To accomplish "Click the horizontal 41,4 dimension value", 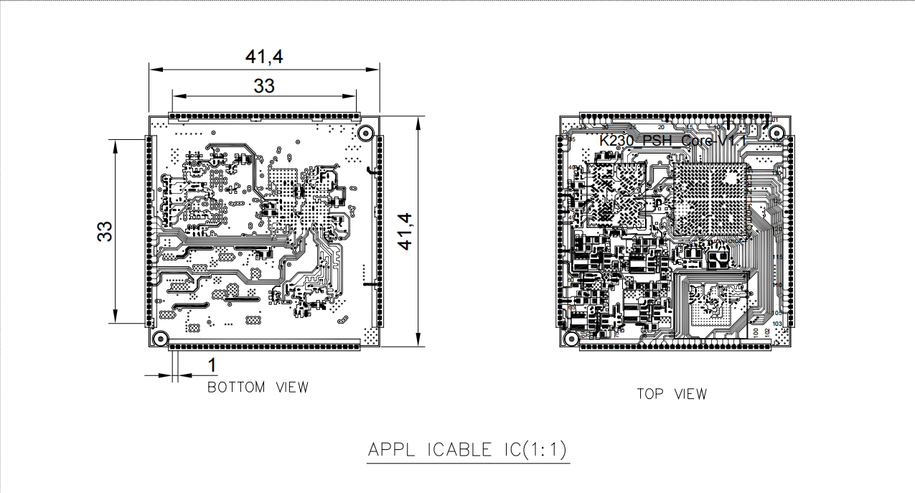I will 264,57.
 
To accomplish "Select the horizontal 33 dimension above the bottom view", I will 264,85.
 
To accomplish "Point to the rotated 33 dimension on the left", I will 105,231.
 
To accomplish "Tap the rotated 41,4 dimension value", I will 406,231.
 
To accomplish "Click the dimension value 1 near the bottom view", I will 212,365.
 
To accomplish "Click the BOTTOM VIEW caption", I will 258,388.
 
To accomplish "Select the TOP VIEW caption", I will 671,394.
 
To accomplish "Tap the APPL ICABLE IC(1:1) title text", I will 467,451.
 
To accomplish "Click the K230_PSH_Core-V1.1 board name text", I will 668,141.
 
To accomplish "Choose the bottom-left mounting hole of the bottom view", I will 161,338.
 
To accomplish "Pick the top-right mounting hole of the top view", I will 776,132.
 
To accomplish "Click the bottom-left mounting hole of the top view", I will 571,338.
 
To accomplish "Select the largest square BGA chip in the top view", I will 709,199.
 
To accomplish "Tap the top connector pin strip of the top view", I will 675,116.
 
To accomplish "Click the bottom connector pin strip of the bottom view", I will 264,347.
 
